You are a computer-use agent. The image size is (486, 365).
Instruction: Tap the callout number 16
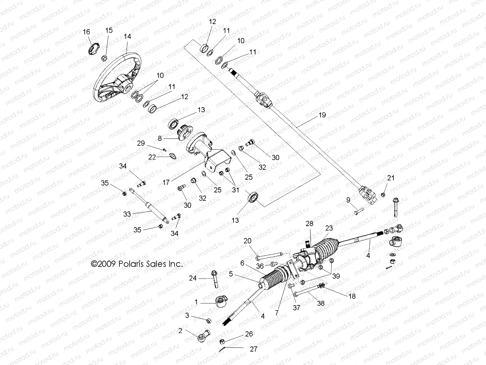pos(86,32)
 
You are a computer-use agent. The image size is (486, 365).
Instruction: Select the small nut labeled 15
pos(104,58)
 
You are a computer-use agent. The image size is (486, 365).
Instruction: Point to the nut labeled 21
pos(383,194)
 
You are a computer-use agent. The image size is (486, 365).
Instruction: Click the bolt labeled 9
pos(359,211)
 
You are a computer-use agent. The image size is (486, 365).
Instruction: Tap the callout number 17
pos(166,183)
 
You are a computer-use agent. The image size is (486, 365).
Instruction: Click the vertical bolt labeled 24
pos(215,278)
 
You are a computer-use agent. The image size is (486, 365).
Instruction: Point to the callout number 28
pos(309,224)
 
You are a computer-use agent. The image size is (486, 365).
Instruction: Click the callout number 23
pos(329,228)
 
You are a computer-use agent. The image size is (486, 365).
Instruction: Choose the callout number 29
pos(141,143)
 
